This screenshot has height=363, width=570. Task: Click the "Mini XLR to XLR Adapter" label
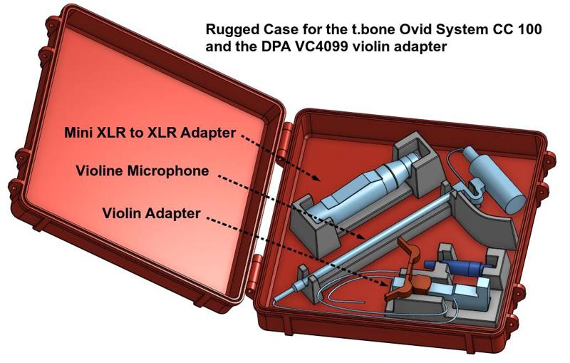point(150,133)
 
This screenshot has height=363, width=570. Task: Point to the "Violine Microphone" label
point(142,170)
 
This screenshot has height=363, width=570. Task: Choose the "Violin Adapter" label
point(151,213)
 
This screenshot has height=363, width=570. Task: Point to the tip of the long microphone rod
point(275,300)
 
